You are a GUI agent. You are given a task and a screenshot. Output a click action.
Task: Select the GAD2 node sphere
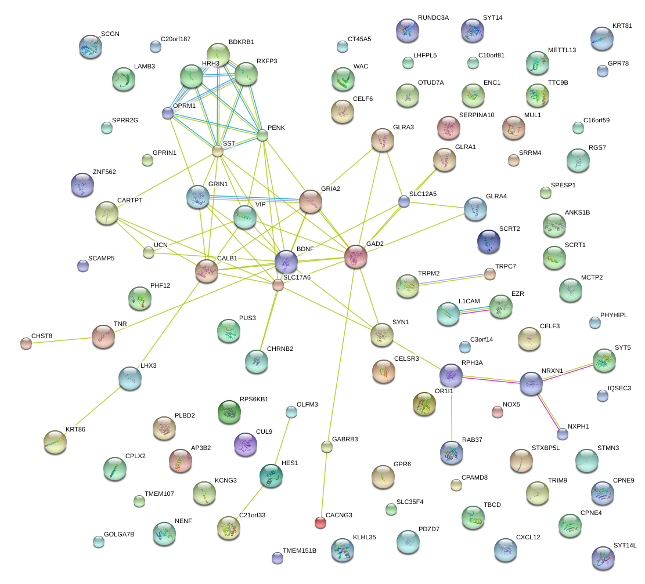pyautogui.click(x=356, y=256)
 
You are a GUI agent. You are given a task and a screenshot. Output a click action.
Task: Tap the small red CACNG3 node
pyautogui.click(x=320, y=523)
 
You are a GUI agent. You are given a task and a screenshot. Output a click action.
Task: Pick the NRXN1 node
pyautogui.click(x=531, y=383)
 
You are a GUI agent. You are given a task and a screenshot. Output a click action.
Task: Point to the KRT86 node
pyautogui.click(x=55, y=442)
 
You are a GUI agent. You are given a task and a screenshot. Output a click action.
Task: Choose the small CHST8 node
pyautogui.click(x=26, y=343)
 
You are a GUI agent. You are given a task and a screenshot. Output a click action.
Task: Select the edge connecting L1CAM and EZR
pyautogui.click(x=475, y=310)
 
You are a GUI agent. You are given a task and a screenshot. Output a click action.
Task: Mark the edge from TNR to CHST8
pyautogui.click(x=64, y=339)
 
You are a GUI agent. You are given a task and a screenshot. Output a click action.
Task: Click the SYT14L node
pyautogui.click(x=602, y=557)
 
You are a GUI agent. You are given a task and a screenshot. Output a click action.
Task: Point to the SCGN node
pyautogui.click(x=91, y=46)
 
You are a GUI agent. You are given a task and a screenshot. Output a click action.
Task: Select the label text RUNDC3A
pyautogui.click(x=433, y=18)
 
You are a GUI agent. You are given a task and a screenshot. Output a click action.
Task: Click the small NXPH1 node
pyautogui.click(x=562, y=433)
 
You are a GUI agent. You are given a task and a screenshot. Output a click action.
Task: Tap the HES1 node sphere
pyautogui.click(x=271, y=475)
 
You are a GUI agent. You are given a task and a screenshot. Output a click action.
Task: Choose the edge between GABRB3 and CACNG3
pyautogui.click(x=323, y=484)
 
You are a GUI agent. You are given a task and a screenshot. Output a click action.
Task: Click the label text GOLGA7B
pyautogui.click(x=119, y=534)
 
